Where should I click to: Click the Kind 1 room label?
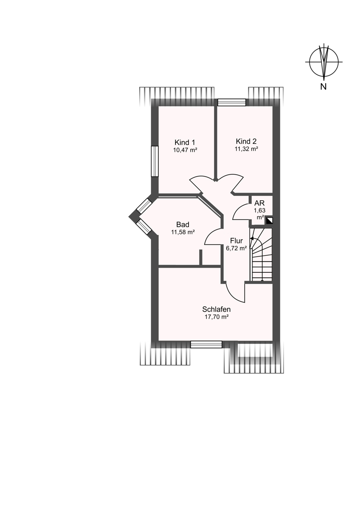[x=184, y=143]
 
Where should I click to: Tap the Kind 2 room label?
[x=246, y=141]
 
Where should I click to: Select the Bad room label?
[x=183, y=224]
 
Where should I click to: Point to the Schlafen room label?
[x=216, y=309]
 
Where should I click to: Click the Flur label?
[x=236, y=241]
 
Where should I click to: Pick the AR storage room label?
[x=259, y=203]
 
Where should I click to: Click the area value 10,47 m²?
[x=185, y=150]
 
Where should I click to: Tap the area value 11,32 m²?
[x=246, y=149]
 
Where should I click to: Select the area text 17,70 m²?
[x=217, y=317]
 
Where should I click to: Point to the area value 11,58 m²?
[x=183, y=232]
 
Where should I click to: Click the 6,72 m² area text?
[x=236, y=249]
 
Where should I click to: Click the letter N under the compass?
[x=323, y=87]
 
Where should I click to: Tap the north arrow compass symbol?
[x=323, y=62]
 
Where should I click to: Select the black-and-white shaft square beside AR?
[x=269, y=221]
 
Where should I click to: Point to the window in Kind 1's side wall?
[x=155, y=161]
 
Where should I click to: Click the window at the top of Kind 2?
[x=232, y=102]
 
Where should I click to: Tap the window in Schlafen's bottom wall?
[x=206, y=344]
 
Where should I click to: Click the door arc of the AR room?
[x=239, y=210]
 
